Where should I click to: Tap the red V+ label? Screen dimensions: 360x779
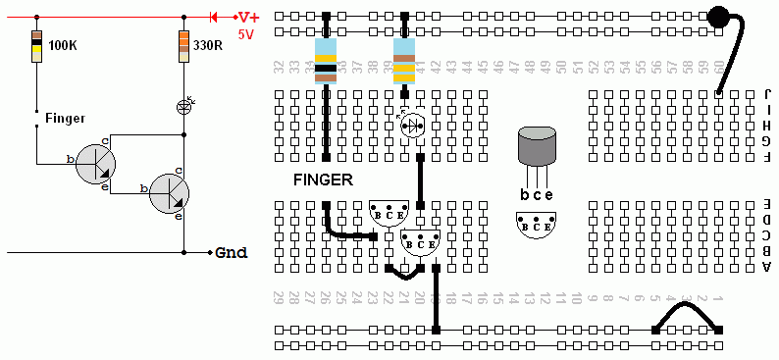tap(249, 18)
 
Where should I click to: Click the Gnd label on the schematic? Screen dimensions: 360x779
tap(232, 252)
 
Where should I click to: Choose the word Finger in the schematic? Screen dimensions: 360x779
tap(65, 118)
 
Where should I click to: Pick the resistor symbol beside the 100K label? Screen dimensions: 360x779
tap(36, 46)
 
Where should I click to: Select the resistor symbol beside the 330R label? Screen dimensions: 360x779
tap(183, 46)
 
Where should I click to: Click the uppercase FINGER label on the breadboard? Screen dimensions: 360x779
tap(323, 180)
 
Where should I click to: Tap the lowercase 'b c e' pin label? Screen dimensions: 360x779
tap(537, 194)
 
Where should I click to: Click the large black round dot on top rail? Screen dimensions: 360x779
tap(720, 18)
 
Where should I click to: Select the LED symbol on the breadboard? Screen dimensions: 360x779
tap(413, 124)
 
